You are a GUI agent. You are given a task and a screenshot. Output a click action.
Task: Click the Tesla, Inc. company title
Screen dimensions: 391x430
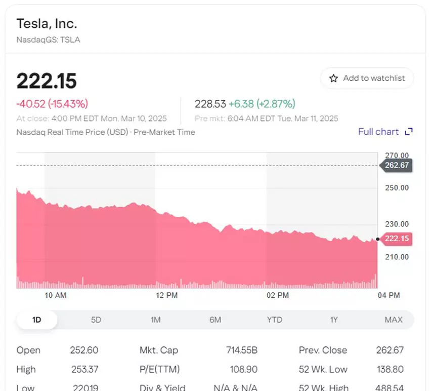click(47, 23)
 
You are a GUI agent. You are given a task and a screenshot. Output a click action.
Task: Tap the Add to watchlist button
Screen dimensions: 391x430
click(367, 78)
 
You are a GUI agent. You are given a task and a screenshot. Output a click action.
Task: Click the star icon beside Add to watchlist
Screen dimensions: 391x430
click(333, 79)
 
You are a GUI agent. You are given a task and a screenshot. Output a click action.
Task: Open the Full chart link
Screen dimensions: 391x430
click(385, 132)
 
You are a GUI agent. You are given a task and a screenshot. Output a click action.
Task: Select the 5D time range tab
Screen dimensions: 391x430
click(96, 320)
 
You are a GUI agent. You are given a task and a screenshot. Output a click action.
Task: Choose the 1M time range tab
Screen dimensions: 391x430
click(156, 320)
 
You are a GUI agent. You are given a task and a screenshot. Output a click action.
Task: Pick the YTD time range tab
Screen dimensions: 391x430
click(275, 320)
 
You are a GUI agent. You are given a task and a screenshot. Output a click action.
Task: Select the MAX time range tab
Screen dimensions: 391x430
click(394, 320)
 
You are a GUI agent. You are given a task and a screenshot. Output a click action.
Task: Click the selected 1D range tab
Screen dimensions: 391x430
click(36, 320)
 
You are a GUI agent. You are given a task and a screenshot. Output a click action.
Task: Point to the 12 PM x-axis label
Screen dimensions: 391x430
click(167, 295)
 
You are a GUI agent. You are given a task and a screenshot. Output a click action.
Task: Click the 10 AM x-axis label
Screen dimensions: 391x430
click(55, 295)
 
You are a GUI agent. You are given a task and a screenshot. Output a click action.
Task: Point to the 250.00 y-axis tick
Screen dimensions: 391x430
click(397, 188)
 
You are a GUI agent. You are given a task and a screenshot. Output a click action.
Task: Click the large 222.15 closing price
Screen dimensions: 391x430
click(47, 81)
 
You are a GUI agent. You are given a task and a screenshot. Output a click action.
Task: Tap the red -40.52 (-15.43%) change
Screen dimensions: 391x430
click(52, 104)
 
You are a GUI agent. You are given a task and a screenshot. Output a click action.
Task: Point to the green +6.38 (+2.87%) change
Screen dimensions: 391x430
click(262, 104)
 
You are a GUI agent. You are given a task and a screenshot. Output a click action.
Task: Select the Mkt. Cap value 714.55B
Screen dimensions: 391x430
click(242, 350)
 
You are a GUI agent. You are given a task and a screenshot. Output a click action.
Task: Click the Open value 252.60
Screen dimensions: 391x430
click(84, 350)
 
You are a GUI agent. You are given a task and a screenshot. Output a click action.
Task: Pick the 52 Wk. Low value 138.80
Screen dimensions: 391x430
click(390, 369)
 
